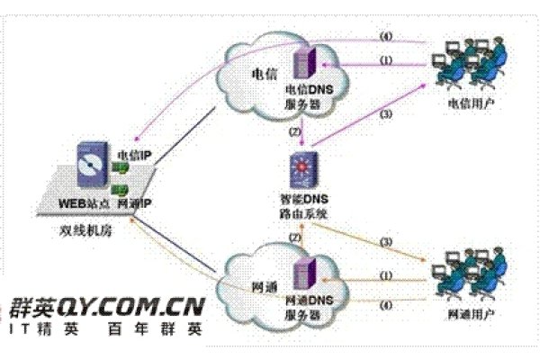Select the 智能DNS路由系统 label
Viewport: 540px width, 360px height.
point(301,208)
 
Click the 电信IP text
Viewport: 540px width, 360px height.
point(134,156)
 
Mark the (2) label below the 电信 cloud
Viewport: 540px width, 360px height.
point(295,132)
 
